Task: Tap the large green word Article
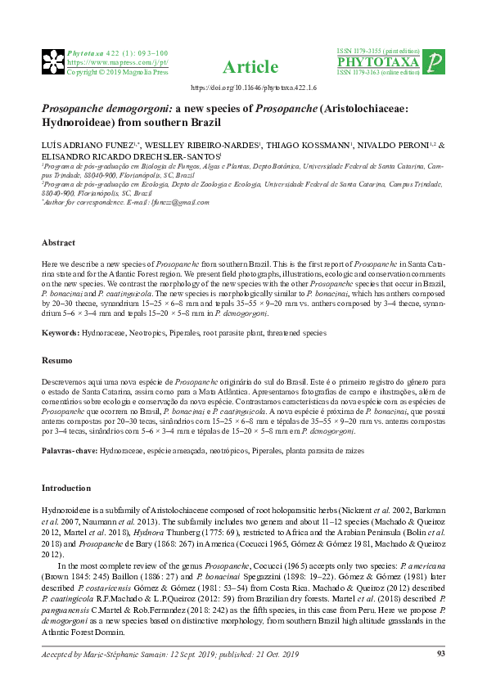[x=244, y=67]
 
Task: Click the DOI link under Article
[x=244, y=86]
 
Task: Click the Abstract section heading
[x=58, y=243]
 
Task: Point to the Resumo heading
[x=56, y=361]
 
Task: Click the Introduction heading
[x=65, y=488]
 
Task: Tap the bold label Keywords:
[x=61, y=333]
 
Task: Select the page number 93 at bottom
[x=440, y=653]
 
